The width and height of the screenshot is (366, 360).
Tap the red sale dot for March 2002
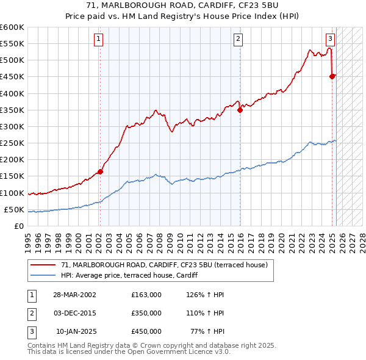101,171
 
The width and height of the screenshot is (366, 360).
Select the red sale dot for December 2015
240,110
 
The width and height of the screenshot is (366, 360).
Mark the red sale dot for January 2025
332,76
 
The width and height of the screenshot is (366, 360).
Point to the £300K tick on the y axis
12,126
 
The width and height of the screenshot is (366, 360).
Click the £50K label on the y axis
14,209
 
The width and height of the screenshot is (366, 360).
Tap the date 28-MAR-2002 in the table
74,295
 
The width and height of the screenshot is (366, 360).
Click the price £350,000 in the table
146,313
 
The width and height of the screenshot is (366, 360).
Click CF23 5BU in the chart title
258,5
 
